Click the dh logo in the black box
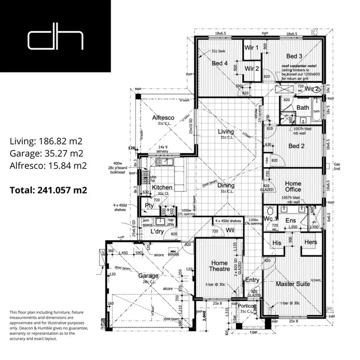(56, 39)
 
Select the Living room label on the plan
(226, 132)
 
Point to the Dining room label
(226, 186)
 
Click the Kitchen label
(162, 187)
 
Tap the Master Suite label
(293, 284)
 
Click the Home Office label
(293, 187)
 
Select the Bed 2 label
(297, 146)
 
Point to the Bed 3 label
(294, 56)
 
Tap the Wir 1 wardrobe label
(252, 48)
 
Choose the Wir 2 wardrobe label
(252, 69)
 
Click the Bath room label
(303, 108)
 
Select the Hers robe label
(311, 242)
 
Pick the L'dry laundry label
(158, 232)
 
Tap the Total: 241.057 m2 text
(48, 190)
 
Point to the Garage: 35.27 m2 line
(48, 154)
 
